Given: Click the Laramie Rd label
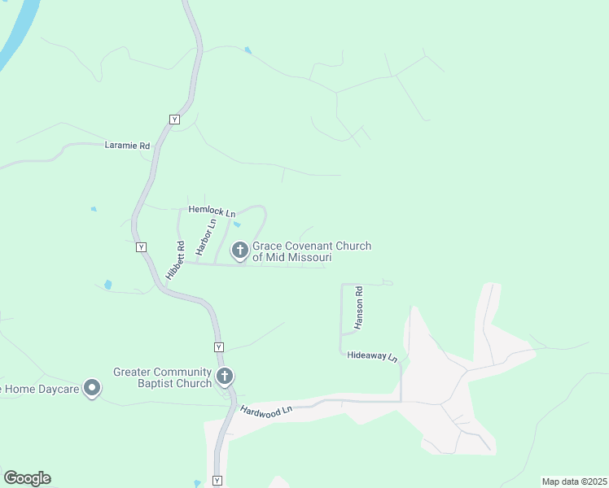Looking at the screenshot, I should [x=128, y=146].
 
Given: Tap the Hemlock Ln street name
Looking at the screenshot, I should [x=206, y=210].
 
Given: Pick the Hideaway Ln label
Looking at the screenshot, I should [x=372, y=356].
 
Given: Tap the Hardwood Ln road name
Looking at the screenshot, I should [x=265, y=412].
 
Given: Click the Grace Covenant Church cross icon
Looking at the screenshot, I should [x=240, y=250].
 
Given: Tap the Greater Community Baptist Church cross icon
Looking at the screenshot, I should [x=225, y=377].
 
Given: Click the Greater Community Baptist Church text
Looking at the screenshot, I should [x=162, y=377].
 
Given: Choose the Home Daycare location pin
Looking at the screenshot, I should [x=93, y=388].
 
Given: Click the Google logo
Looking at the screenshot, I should [x=27, y=478].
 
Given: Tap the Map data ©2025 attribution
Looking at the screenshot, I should [x=573, y=481].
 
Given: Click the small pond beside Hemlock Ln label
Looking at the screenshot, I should [x=236, y=224].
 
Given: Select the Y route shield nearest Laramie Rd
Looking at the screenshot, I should [x=174, y=119].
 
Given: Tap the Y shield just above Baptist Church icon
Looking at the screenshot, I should [x=218, y=347].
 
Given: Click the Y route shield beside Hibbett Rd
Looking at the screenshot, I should [x=141, y=246].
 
